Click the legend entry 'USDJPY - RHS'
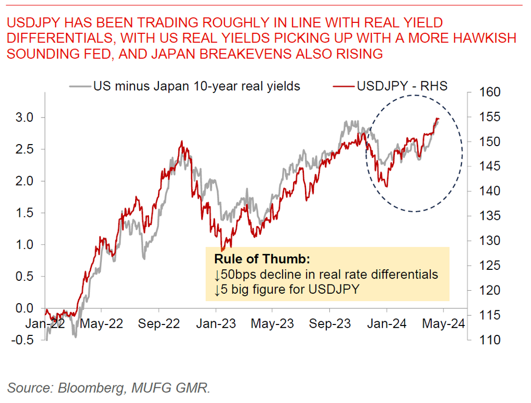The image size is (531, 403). [402, 86]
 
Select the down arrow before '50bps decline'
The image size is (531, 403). [217, 274]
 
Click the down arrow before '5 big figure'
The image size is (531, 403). [217, 289]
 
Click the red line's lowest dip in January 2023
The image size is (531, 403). [222, 250]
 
